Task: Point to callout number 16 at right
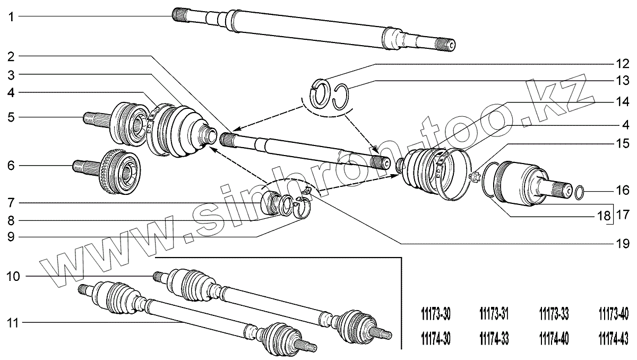click(x=623, y=190)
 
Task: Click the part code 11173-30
click(x=435, y=315)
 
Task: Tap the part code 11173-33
click(x=554, y=315)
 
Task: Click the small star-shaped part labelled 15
click(x=475, y=176)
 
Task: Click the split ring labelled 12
click(x=320, y=90)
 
